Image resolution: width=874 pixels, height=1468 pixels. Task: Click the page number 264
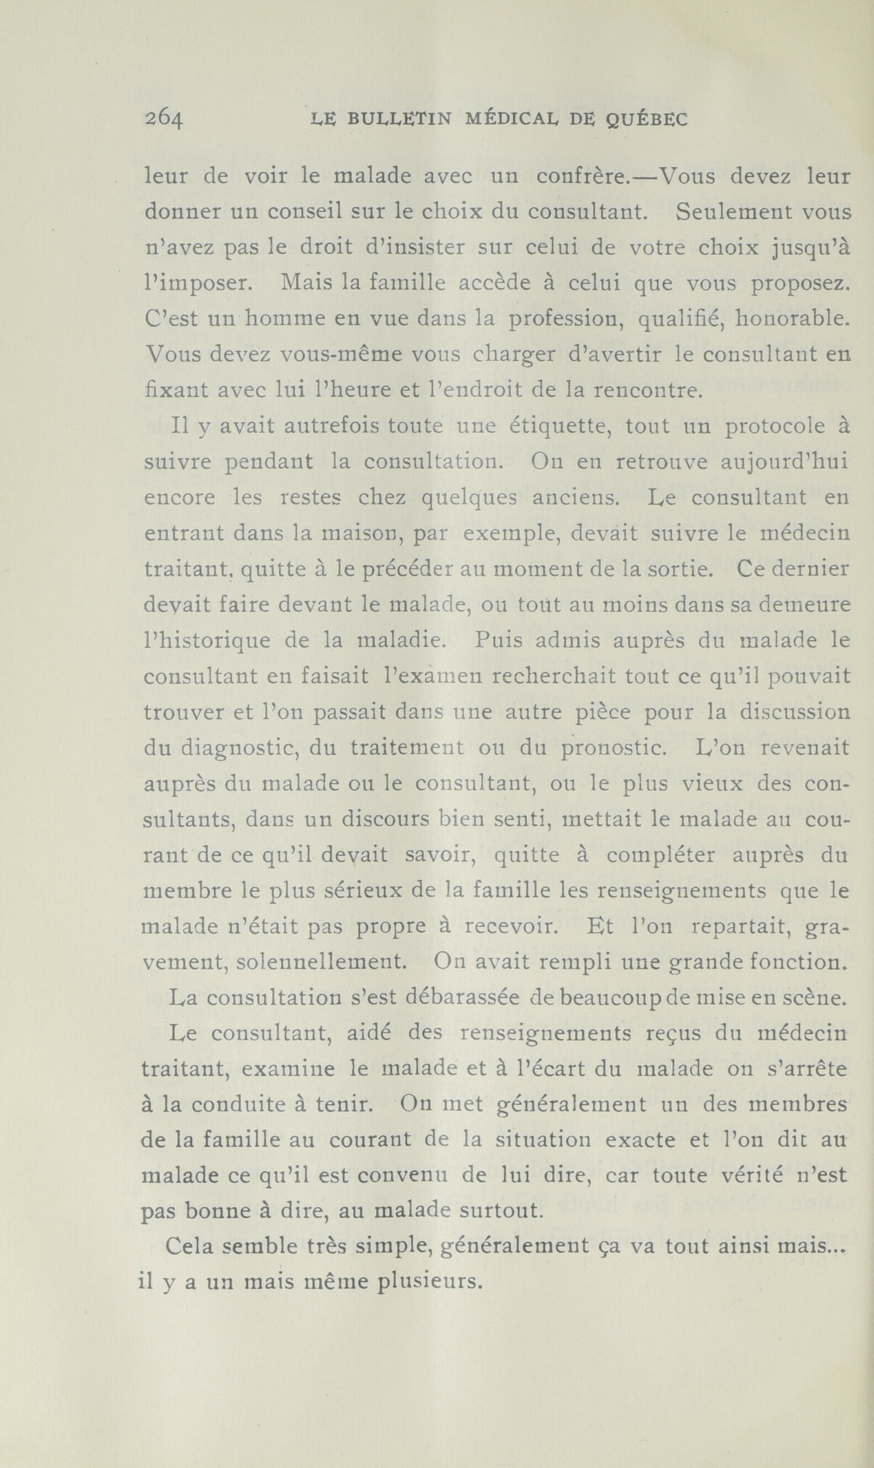[165, 119]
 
